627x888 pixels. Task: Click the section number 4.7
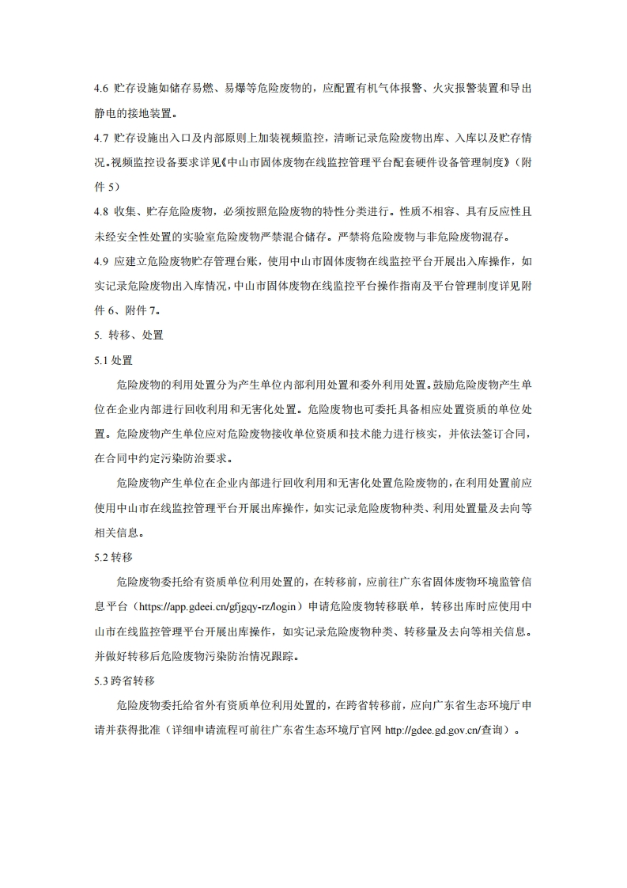coord(101,139)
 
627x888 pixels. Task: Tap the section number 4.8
coord(101,211)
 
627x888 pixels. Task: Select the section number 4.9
coord(101,260)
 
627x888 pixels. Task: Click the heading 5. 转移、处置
coord(128,335)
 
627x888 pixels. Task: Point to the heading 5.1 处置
coord(113,360)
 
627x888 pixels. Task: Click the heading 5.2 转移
coord(113,558)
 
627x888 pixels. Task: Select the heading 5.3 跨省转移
coord(124,681)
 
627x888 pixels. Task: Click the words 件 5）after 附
coord(108,187)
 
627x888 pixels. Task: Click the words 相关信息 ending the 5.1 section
coord(119,533)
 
